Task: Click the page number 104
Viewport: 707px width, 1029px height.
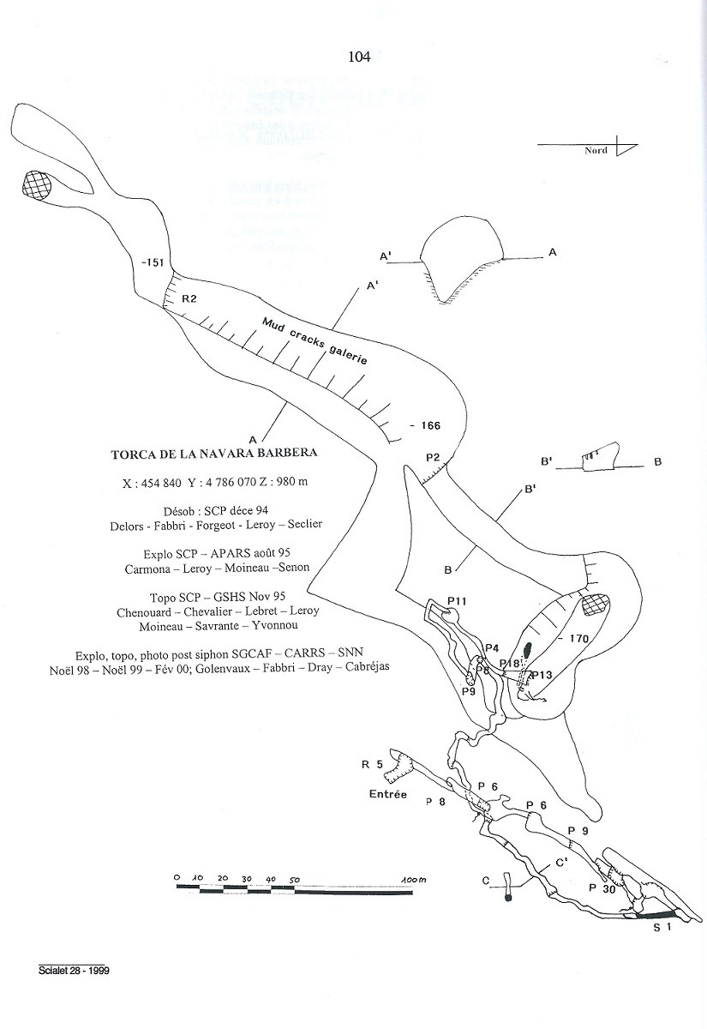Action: (x=359, y=57)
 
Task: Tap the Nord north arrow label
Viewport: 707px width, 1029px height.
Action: (x=596, y=151)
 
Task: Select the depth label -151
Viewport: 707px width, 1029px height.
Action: (x=154, y=262)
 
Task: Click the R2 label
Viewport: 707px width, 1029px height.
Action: (x=189, y=298)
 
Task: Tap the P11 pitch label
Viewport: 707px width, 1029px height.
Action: (x=456, y=600)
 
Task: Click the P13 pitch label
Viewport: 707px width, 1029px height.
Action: (x=542, y=675)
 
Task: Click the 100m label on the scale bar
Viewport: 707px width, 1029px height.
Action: (x=414, y=879)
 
